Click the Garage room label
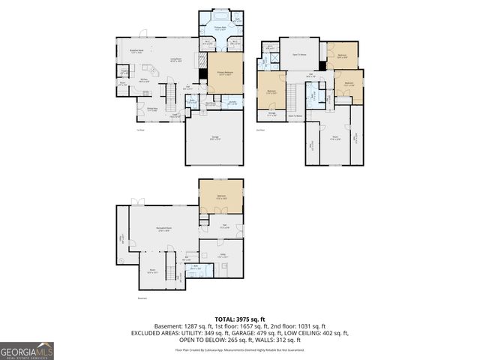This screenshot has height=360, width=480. click(214, 137)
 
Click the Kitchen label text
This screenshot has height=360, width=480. click(142, 78)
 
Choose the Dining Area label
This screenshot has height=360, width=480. click(152, 109)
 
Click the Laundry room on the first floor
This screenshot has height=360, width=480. click(232, 103)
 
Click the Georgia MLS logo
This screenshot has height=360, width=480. click(27, 350)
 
